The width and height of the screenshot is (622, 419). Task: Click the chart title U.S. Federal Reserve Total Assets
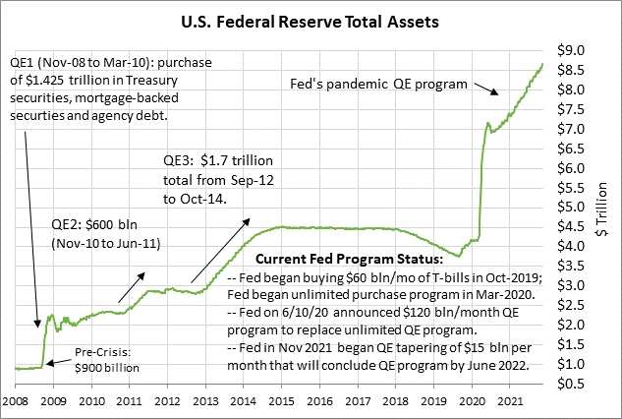pos(311,19)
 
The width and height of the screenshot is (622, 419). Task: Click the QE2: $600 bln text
pos(91,223)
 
